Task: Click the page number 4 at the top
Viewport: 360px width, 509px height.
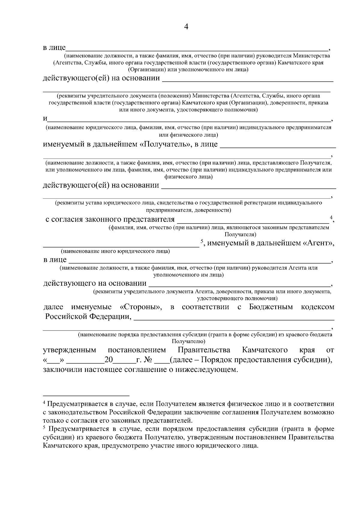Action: tap(186, 27)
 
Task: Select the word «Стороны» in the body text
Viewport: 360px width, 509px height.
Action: tap(141, 307)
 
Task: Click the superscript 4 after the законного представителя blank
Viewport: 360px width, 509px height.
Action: tap(331, 217)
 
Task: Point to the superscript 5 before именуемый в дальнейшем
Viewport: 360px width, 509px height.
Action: tap(202, 241)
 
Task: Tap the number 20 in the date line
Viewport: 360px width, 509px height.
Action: tap(108, 360)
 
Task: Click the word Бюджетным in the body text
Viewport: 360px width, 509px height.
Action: tap(271, 307)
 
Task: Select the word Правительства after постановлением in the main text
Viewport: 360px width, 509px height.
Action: tap(204, 350)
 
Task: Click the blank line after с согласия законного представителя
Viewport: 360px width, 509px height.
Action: tap(253, 223)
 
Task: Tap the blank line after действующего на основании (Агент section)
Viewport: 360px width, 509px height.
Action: tap(239, 286)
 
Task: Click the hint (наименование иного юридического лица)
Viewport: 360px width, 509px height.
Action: tap(115, 251)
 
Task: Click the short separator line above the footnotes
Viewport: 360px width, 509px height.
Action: tap(86, 395)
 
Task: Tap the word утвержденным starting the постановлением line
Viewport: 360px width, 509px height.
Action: tap(70, 350)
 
